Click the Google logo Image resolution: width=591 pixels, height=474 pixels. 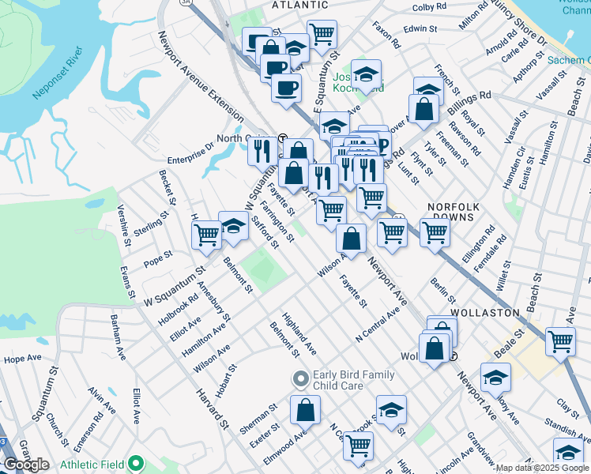tap(25, 465)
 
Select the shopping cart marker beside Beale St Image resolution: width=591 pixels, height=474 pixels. tap(560, 342)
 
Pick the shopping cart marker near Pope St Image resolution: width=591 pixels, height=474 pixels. tap(207, 234)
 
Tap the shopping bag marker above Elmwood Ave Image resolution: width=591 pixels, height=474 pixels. tap(305, 410)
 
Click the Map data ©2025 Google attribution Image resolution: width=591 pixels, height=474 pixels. tap(542, 468)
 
